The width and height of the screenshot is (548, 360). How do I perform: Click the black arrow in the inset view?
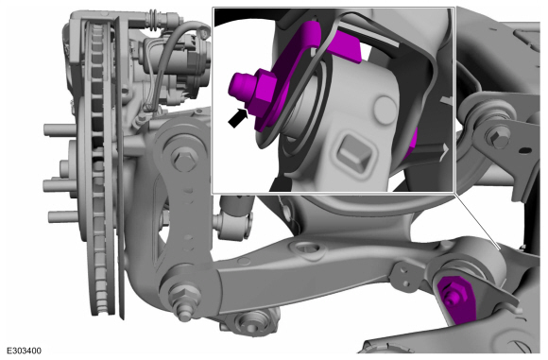(238, 118)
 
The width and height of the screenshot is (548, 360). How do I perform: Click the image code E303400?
(25, 351)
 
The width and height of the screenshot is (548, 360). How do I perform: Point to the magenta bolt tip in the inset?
(239, 84)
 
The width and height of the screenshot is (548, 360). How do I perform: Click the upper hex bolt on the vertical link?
(182, 159)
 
